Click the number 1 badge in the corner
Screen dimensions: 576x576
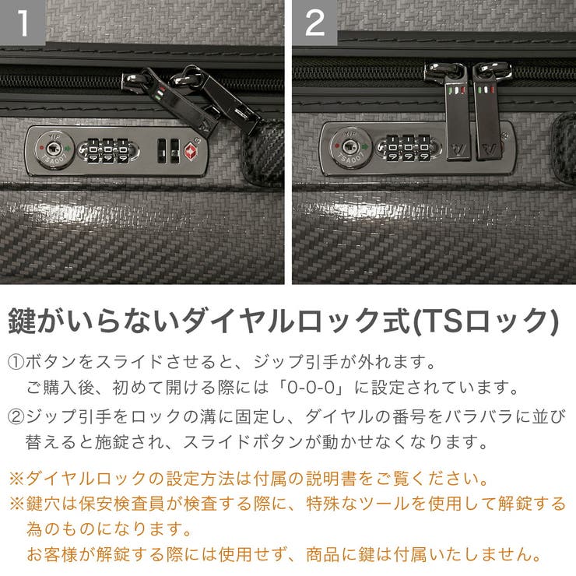(x=23, y=23)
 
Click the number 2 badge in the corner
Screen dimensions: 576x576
(x=314, y=23)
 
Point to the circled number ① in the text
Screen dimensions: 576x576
(x=16, y=363)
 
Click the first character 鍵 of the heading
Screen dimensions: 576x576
(x=23, y=321)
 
